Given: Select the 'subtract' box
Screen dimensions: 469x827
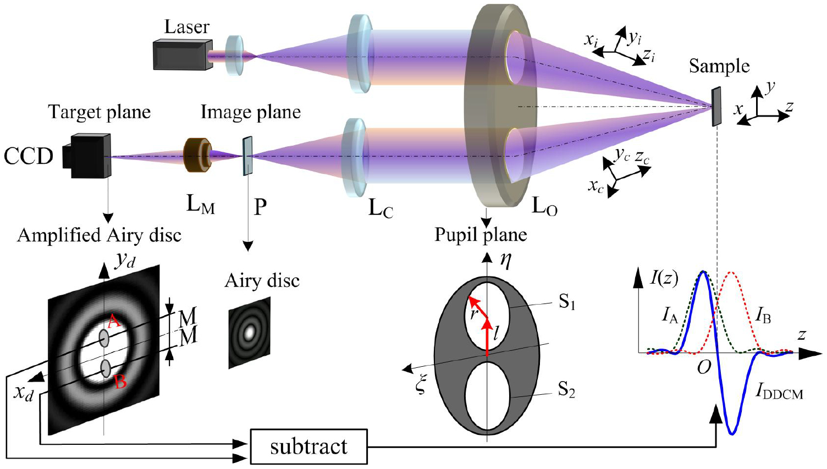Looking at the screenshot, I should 308,446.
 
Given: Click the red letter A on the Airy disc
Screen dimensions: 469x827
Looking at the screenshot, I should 113,322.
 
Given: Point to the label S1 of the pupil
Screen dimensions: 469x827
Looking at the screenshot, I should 567,302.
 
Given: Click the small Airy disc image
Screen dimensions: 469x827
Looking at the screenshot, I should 250,332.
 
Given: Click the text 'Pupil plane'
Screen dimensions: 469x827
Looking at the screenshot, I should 481,235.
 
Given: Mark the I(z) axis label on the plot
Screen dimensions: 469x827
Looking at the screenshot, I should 664,278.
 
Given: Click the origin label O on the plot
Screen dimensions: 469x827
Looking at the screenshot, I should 704,367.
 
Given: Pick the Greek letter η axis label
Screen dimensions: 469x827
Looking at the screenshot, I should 506,260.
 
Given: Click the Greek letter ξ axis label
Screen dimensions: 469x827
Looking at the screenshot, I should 421,385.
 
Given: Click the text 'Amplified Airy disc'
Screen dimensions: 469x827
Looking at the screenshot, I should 99,235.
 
